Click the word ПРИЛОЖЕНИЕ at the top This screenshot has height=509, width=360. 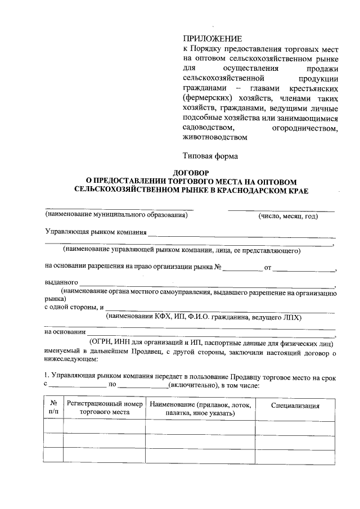(x=212, y=39)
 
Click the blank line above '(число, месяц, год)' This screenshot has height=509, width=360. (x=281, y=210)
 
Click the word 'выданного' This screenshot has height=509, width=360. (x=61, y=282)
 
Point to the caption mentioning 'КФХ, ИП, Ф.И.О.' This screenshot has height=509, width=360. (x=204, y=317)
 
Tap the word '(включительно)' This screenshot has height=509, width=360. (x=192, y=385)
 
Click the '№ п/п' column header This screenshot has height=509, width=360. (x=53, y=408)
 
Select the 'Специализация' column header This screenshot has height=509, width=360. (x=295, y=406)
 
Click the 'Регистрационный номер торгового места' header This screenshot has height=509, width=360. (x=104, y=408)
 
